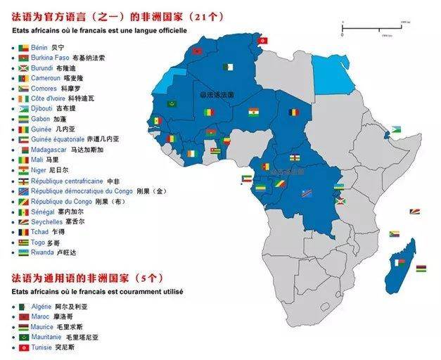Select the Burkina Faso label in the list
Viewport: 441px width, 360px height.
(51, 58)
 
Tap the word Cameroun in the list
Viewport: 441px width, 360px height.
(46, 78)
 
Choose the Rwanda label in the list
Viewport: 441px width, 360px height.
(43, 252)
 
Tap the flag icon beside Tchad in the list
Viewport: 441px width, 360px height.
(23, 231)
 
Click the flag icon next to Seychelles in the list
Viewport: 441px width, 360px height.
(23, 221)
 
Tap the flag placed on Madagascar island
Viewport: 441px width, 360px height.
(400, 262)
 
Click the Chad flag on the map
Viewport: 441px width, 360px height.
(292, 112)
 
